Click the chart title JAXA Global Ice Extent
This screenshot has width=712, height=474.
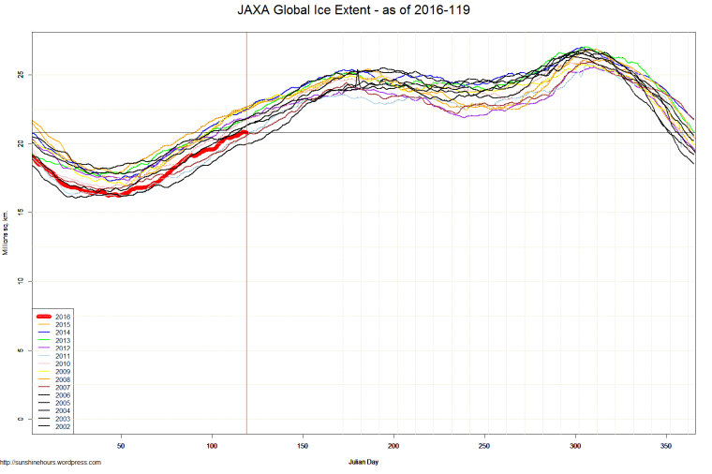pos(355,11)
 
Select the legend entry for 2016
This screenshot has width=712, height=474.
pos(62,317)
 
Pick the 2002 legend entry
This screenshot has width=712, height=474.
pos(62,427)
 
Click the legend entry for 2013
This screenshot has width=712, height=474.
pos(62,340)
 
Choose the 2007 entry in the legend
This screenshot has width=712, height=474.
pos(62,388)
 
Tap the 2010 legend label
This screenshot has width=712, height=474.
pos(62,364)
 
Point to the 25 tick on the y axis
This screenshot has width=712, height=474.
pos(22,74)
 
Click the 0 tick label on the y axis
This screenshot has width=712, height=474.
pos(22,420)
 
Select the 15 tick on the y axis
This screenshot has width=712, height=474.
pos(22,213)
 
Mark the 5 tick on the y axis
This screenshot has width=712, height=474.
pos(22,350)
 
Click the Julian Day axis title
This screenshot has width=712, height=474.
pos(363,462)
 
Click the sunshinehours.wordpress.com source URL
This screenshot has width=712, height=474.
pos(51,462)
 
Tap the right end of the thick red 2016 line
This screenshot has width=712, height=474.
pos(245,132)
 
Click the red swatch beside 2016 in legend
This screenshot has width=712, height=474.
pos(43,317)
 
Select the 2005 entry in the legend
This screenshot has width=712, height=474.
pos(62,404)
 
